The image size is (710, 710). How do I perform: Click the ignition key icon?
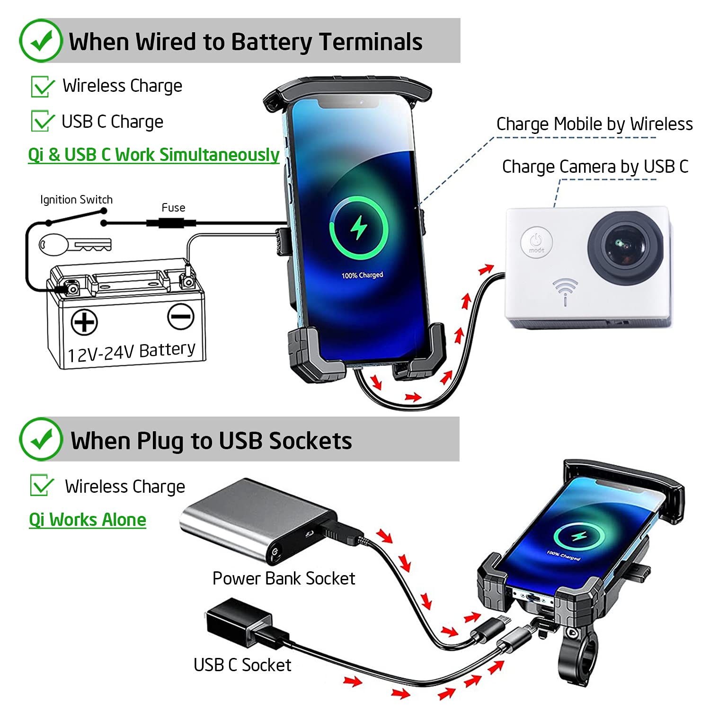(x=74, y=245)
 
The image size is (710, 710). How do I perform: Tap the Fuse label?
(x=173, y=208)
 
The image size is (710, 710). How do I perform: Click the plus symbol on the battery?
(x=84, y=322)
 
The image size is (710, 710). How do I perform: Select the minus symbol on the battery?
(x=181, y=317)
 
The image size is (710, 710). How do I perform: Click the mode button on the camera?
(x=536, y=242)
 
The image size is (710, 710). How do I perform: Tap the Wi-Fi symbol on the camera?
(x=565, y=290)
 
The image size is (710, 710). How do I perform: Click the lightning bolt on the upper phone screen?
(x=358, y=228)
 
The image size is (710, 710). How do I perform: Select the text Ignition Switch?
(x=76, y=200)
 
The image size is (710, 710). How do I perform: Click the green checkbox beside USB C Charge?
(x=42, y=121)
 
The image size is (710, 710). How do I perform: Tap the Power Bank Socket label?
(x=284, y=578)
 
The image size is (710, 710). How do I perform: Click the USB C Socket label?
(x=242, y=665)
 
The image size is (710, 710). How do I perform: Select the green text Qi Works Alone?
(x=88, y=520)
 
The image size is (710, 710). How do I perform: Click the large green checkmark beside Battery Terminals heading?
(x=41, y=41)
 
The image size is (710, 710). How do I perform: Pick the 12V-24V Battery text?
(x=131, y=352)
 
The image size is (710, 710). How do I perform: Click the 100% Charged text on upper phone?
(x=362, y=275)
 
